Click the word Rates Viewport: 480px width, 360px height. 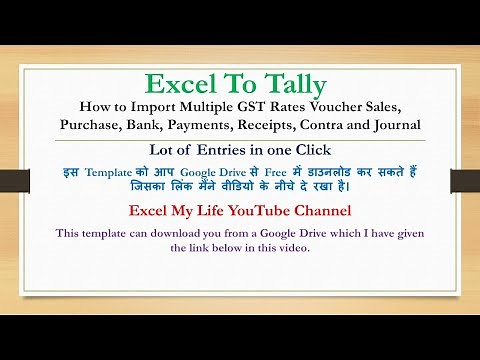click(x=323, y=107)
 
